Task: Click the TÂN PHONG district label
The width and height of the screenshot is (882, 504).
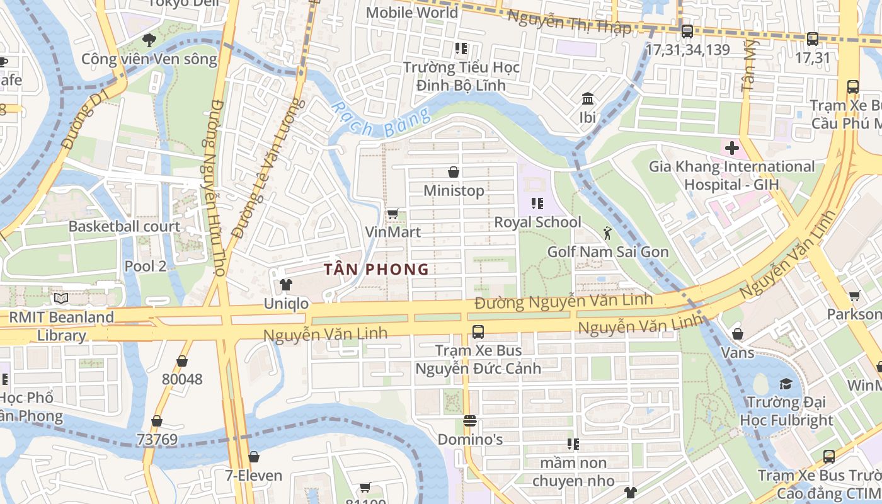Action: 376,270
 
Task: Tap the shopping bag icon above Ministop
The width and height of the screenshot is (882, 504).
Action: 453,172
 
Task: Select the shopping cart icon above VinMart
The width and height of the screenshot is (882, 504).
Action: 393,214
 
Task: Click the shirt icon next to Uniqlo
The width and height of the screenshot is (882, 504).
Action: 286,285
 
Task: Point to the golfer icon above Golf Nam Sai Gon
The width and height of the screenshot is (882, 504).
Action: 607,234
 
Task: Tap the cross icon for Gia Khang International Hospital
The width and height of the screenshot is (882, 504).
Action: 731,149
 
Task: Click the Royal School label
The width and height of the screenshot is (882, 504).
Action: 537,222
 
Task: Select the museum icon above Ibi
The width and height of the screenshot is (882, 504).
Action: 588,99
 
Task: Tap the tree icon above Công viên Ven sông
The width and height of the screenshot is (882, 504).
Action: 149,41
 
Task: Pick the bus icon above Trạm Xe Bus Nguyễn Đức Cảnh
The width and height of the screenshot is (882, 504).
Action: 478,331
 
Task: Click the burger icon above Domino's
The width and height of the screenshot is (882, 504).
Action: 470,421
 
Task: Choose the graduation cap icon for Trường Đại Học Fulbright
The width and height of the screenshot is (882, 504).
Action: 786,384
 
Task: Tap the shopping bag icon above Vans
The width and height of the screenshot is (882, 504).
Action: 737,334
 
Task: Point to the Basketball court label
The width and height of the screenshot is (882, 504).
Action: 124,227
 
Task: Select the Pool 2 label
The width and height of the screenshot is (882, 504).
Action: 146,266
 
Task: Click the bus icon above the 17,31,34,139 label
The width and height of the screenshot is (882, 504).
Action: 687,31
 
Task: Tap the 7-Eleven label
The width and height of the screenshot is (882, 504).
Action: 254,475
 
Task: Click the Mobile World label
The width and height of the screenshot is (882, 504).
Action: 412,13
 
